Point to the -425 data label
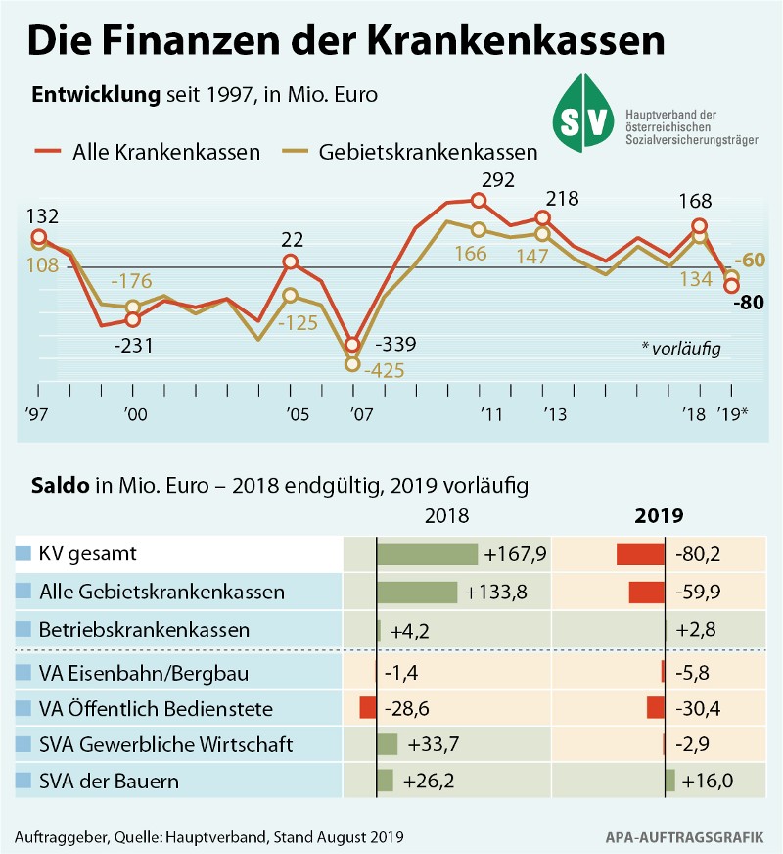click(x=383, y=371)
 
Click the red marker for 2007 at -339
click(x=353, y=346)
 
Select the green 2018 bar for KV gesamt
click(x=427, y=554)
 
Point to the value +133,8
click(x=498, y=593)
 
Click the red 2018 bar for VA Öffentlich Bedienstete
click(x=368, y=708)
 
